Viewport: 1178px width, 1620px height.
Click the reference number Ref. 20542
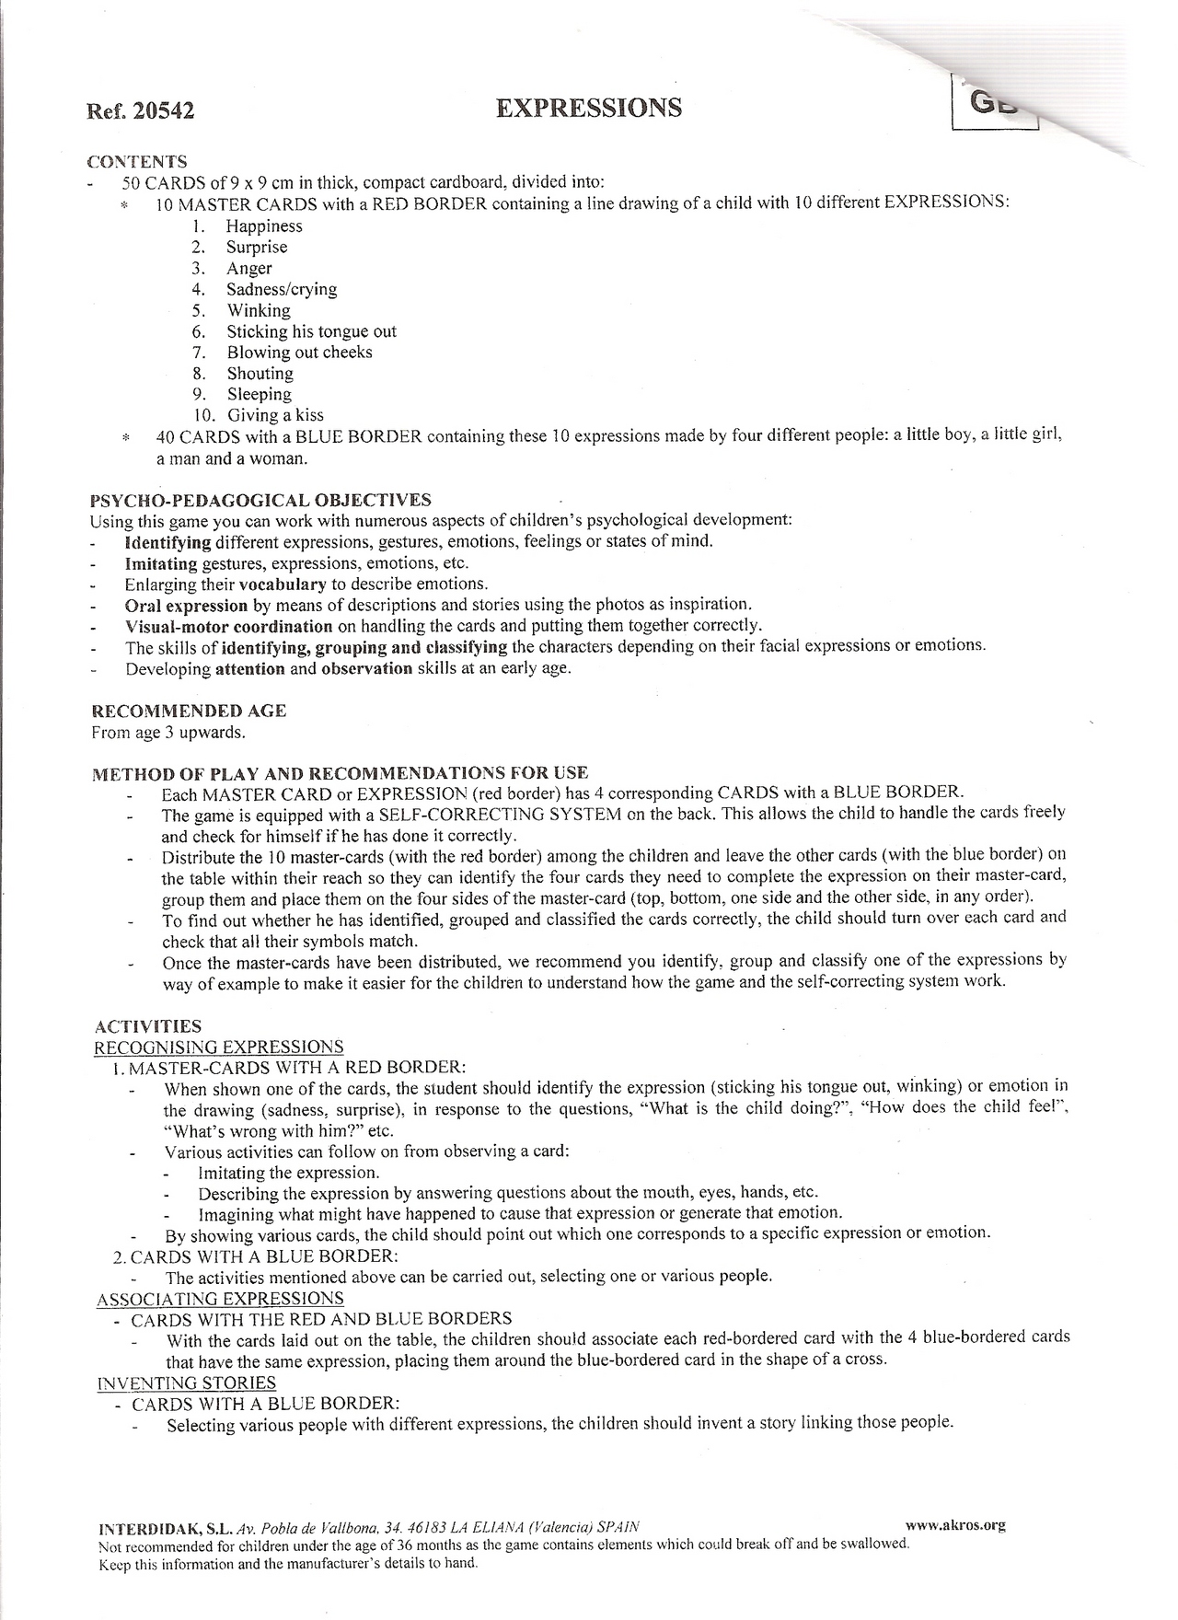140,111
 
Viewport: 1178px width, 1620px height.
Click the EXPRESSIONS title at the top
589,108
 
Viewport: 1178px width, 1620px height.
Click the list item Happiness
264,226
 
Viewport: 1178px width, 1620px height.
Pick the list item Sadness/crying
282,289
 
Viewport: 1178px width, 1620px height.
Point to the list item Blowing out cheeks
299,353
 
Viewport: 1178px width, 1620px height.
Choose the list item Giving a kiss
275,415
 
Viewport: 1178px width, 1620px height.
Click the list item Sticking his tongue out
311,331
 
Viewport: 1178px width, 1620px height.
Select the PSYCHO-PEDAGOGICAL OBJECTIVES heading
260,501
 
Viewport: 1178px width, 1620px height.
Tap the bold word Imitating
161,563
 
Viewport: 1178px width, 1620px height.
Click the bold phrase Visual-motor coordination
228,626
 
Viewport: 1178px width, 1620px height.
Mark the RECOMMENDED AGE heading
189,711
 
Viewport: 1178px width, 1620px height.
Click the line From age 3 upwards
168,733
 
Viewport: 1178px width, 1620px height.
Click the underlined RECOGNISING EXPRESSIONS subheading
219,1047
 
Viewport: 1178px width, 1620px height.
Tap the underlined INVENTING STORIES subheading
186,1383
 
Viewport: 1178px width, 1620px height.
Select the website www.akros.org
955,1524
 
